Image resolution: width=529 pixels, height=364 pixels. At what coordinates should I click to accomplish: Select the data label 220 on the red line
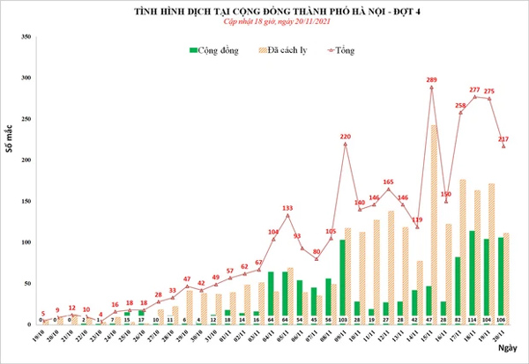(346, 137)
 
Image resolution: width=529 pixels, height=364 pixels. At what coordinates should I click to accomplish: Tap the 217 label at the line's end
(503, 139)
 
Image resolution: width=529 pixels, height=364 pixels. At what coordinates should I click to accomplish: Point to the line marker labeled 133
(287, 215)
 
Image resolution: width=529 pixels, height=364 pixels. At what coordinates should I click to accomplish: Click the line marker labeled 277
(475, 97)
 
